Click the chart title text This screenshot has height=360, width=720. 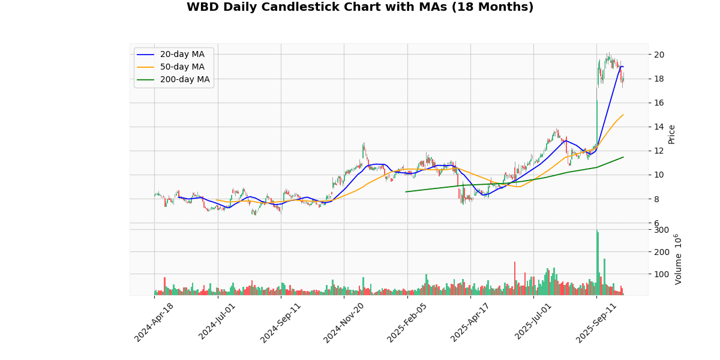360,7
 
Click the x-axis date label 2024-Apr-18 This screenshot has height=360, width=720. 155,322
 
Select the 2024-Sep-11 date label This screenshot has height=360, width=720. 281,322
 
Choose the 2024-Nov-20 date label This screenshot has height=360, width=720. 344,322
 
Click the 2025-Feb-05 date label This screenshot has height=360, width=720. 408,322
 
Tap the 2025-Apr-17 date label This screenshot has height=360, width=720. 471,322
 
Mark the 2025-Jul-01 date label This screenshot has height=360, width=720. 535,322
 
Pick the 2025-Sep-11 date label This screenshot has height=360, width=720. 597,322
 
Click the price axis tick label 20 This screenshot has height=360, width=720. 659,55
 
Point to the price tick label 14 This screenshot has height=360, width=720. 659,127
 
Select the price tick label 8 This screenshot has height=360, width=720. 657,199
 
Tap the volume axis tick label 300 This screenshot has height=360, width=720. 661,230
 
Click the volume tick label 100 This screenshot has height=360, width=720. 661,274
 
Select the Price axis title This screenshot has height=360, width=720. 671,134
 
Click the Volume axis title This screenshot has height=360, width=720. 679,259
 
